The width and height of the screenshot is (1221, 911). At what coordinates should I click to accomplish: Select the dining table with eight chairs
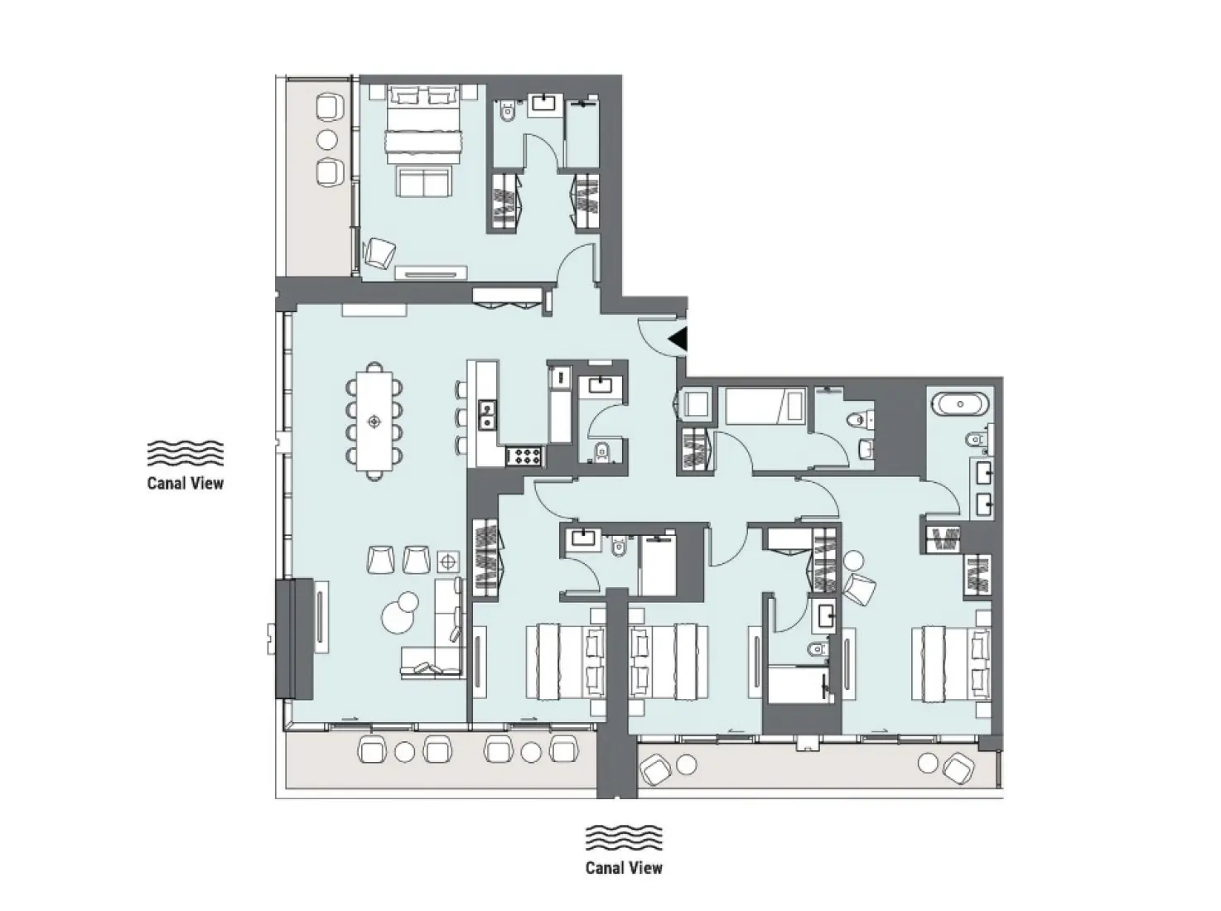tap(374, 421)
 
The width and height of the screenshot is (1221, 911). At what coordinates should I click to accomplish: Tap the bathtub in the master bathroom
tap(960, 405)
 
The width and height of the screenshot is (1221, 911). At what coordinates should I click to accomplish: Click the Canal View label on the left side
tap(185, 483)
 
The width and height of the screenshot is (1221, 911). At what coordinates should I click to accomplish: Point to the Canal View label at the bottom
tap(624, 868)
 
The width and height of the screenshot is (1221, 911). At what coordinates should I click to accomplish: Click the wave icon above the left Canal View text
tap(185, 453)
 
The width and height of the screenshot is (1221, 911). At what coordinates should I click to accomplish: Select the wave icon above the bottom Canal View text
tap(624, 838)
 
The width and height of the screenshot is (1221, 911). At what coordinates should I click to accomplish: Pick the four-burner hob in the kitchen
tap(524, 455)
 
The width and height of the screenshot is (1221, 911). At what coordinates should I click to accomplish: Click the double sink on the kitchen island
tap(486, 414)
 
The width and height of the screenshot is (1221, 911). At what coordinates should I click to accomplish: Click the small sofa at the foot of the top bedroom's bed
tap(422, 181)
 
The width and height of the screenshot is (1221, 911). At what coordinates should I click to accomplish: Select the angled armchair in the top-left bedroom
tap(380, 253)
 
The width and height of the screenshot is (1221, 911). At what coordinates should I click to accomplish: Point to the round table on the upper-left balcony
tap(329, 139)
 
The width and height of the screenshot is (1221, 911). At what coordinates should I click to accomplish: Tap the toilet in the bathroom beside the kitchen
tap(602, 451)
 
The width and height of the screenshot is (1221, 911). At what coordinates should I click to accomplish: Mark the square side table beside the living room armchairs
tap(448, 561)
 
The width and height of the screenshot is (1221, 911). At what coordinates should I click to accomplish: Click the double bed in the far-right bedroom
tap(950, 663)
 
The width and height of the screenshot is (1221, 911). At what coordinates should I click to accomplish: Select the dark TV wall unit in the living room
tap(294, 639)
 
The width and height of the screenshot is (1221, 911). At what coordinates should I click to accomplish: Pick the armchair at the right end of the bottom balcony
tap(956, 767)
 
